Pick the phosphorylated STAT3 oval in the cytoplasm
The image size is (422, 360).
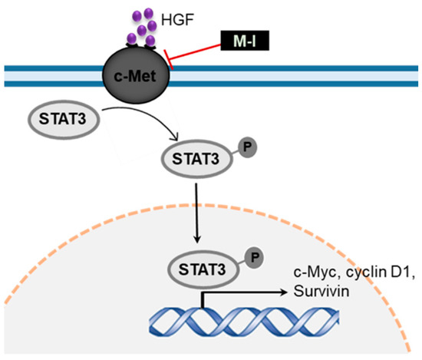(x=191, y=159)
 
